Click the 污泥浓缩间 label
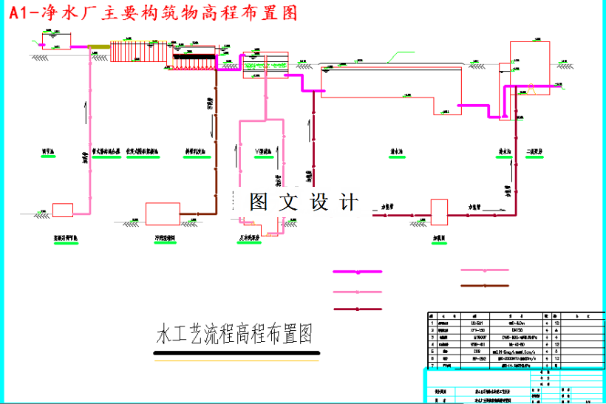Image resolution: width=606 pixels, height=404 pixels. tap(164, 239)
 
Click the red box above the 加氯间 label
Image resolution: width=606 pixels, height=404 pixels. tap(440, 211)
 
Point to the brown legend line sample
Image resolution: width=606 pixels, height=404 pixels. tap(485, 285)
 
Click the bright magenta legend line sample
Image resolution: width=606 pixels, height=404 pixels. tap(358, 272)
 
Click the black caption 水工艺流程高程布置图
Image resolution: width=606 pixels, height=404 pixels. tap(234, 334)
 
